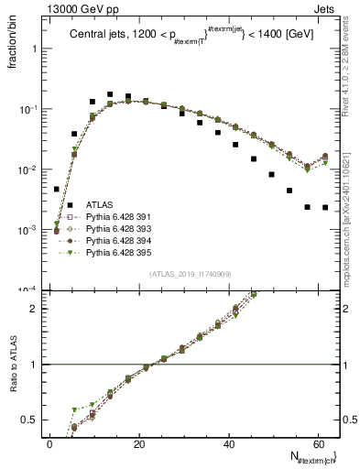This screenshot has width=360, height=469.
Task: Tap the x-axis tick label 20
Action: click(x=139, y=443)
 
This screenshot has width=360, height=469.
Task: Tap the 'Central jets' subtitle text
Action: click(x=101, y=34)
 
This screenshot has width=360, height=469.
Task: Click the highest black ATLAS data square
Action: click(x=110, y=94)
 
